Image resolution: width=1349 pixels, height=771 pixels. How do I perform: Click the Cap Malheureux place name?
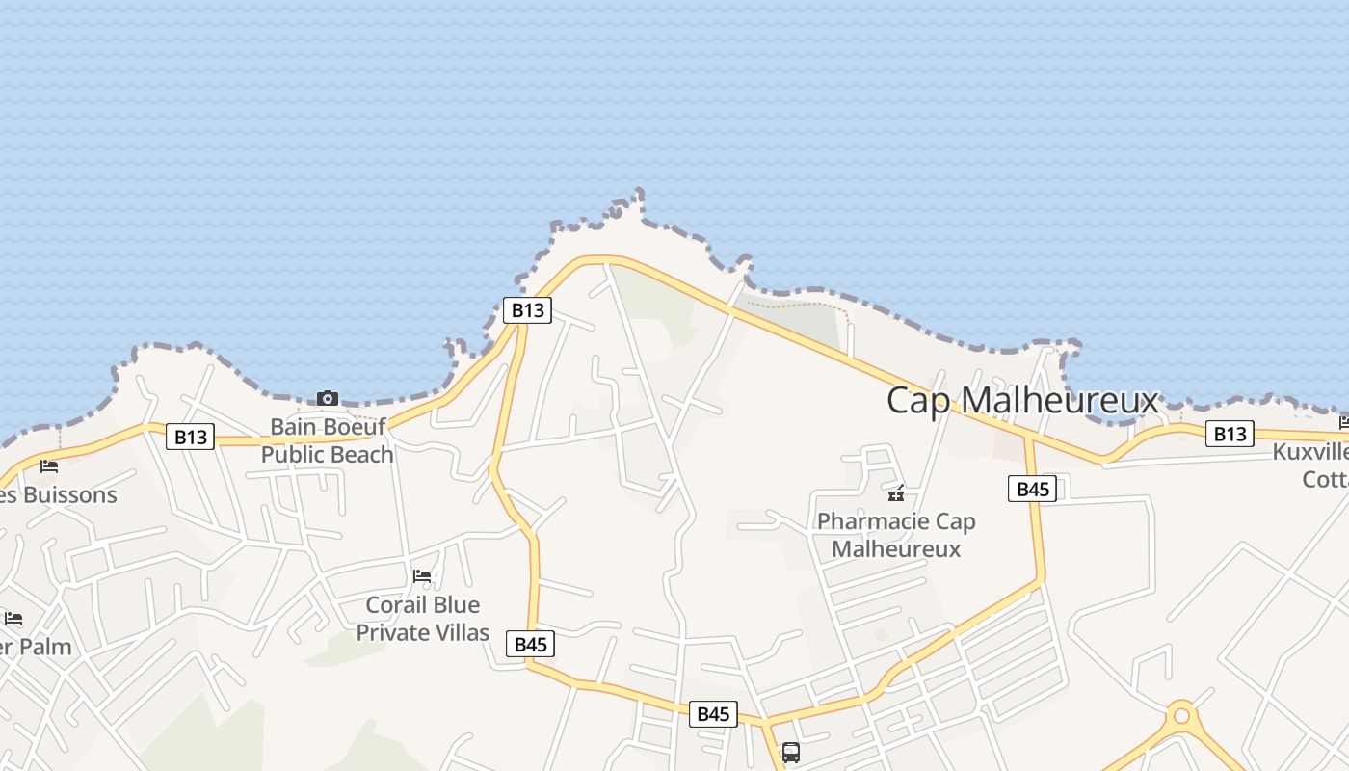point(1021,400)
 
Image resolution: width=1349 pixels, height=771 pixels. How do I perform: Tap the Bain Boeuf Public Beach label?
point(328,440)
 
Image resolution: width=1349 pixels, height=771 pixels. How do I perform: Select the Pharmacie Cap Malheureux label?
point(896,535)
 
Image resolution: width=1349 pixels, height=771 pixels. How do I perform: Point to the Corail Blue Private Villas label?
point(423,619)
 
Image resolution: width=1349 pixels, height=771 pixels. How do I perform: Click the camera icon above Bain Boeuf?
point(328,399)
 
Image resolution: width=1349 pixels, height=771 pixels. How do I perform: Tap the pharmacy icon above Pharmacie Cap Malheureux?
point(896,494)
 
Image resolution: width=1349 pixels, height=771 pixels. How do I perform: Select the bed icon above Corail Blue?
point(422,576)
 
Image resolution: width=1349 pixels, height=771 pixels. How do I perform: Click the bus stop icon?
point(790,752)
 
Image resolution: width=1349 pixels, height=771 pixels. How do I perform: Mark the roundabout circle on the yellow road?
point(1181,717)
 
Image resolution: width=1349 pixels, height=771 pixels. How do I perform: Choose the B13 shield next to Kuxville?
point(1230,434)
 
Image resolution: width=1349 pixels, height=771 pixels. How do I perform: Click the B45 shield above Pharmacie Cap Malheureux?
point(1033,489)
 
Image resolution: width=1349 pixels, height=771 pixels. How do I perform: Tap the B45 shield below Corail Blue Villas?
point(531,645)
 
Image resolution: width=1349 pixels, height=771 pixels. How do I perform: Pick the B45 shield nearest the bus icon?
point(713,714)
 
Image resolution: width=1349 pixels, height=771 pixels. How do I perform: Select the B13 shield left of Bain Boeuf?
point(190,437)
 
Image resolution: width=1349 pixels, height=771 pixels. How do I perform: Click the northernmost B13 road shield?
point(527,310)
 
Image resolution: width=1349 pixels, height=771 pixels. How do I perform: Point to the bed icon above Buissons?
point(49,466)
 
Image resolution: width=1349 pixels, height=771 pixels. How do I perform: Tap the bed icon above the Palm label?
point(13,618)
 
